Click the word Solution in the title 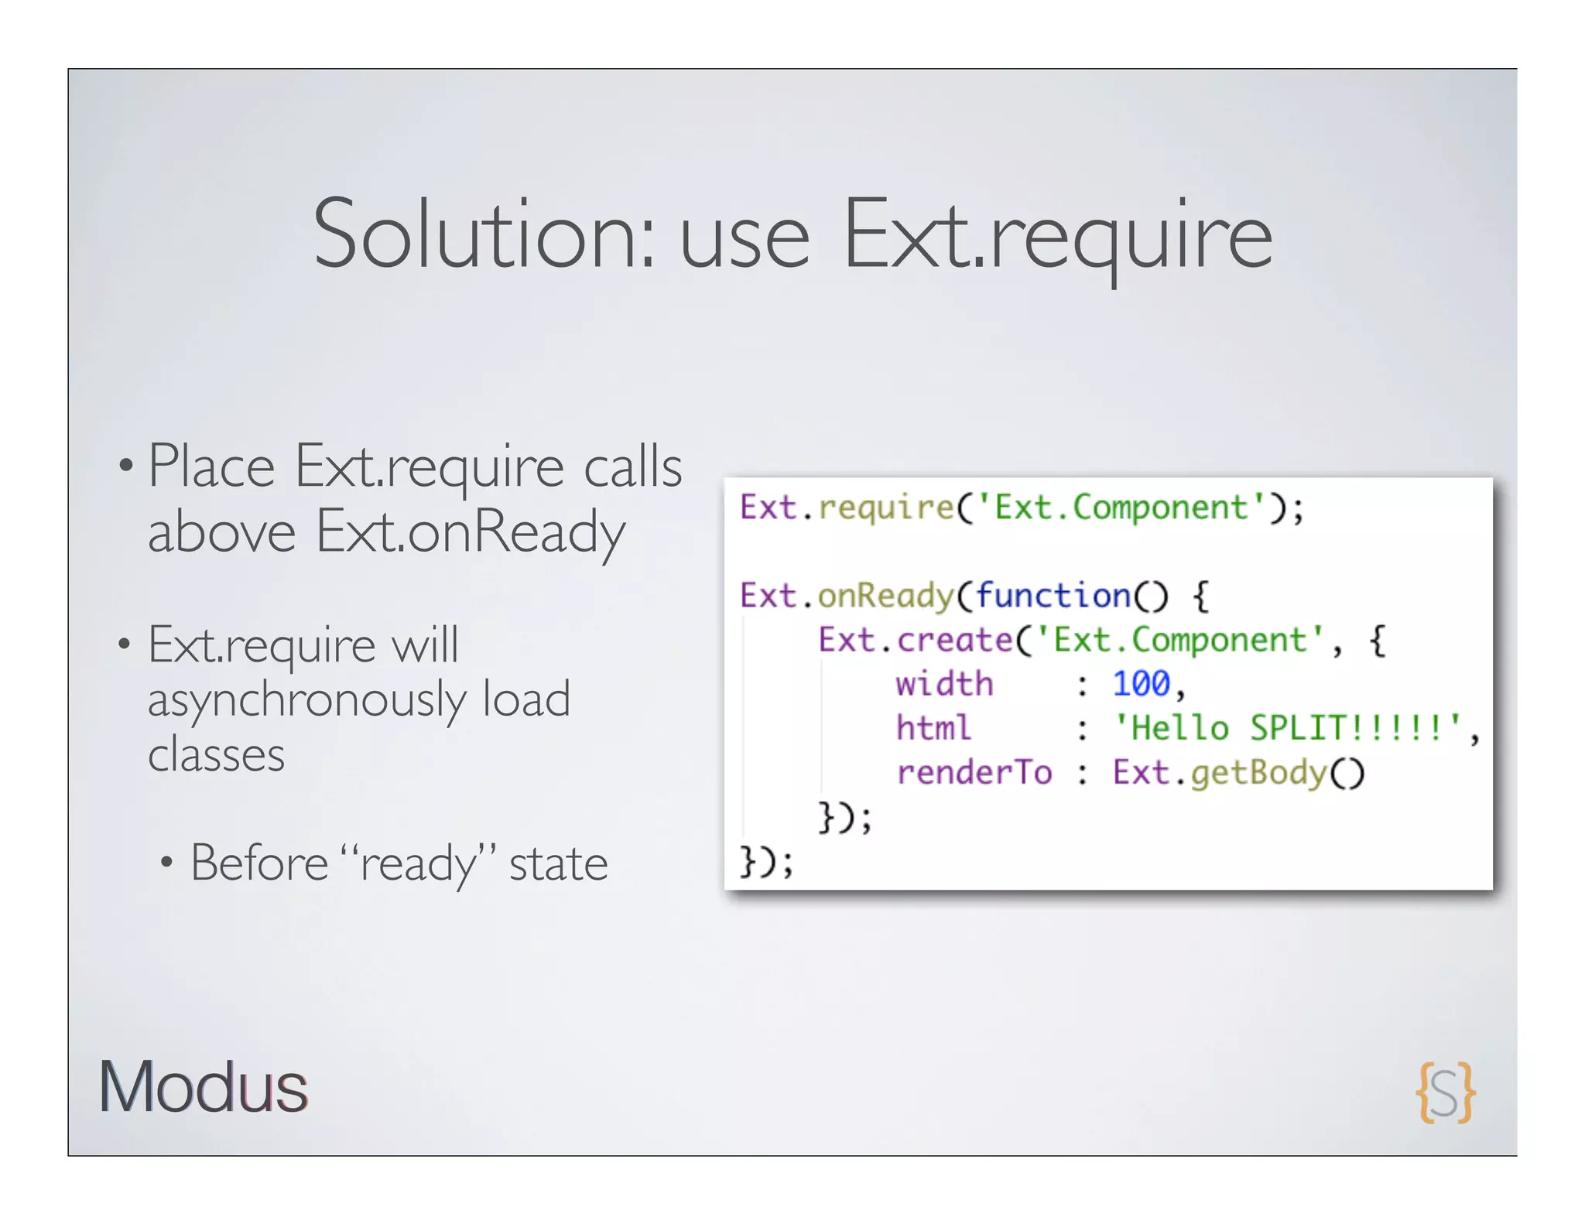pyautogui.click(x=483, y=234)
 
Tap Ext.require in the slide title pyautogui.click(x=1057, y=234)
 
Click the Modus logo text pyautogui.click(x=203, y=1086)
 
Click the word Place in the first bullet pyautogui.click(x=211, y=467)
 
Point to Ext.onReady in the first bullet pyautogui.click(x=470, y=532)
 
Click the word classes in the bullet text pyautogui.click(x=216, y=754)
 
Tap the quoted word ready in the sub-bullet pyautogui.click(x=418, y=864)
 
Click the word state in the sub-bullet pyautogui.click(x=558, y=864)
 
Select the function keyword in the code pyautogui.click(x=1053, y=596)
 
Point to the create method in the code pyautogui.click(x=954, y=640)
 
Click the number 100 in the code pyautogui.click(x=1141, y=684)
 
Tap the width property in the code pyautogui.click(x=944, y=684)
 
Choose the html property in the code pyautogui.click(x=933, y=728)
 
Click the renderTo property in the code pyautogui.click(x=974, y=772)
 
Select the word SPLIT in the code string pyautogui.click(x=1299, y=728)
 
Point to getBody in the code pyautogui.click(x=1258, y=772)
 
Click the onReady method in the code pyautogui.click(x=885, y=596)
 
